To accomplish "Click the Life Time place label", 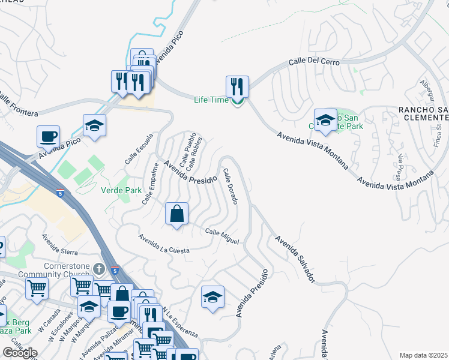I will point(211,100).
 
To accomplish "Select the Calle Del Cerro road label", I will point(314,62).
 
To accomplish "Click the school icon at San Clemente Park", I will point(325,120).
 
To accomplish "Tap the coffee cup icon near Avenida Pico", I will point(48,136).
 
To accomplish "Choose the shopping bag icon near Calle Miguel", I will point(177,214).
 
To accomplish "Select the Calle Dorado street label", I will point(231,186).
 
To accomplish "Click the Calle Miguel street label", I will point(222,236).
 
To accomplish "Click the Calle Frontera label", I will point(19,105).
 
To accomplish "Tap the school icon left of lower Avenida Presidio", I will point(212,296).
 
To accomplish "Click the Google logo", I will point(20,352).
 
